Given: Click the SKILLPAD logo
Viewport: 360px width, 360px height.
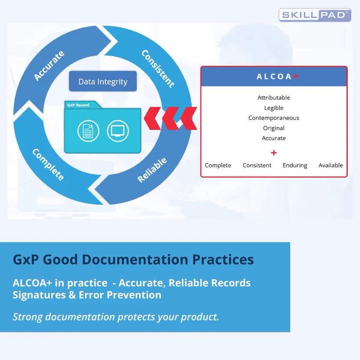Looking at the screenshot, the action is (315, 15).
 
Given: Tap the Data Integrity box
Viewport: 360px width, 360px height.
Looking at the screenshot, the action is (103, 82).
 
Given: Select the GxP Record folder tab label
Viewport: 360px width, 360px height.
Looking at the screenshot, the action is (78, 105).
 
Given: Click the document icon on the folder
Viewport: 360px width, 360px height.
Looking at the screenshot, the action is (88, 131).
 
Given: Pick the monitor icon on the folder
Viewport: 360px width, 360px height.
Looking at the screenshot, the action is (118, 131).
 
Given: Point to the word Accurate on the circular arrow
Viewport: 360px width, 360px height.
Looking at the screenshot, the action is (49, 66).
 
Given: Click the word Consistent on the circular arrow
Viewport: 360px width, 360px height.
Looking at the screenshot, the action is (158, 68).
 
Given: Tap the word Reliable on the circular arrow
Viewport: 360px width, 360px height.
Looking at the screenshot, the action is (152, 170).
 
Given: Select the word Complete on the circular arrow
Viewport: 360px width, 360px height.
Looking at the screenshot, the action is (48, 165).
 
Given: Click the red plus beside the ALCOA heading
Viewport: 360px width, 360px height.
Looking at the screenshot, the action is (296, 76).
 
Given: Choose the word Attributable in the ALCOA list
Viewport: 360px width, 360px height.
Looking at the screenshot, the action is (274, 97).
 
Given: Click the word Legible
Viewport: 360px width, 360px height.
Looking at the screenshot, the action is (274, 108).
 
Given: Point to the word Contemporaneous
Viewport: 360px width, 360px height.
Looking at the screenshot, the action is (274, 118).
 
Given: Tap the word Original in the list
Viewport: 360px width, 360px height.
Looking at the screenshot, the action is (274, 128).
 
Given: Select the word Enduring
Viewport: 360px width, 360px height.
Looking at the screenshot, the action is (295, 165).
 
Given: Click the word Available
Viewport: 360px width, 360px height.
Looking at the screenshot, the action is (330, 165).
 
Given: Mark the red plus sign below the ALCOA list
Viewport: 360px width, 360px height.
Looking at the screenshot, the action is (274, 152).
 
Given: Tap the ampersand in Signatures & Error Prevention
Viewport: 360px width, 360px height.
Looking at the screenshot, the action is (72, 295).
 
